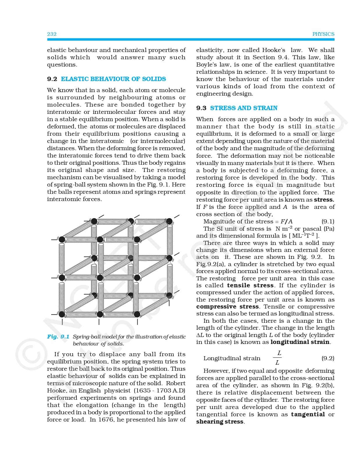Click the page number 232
[52, 34]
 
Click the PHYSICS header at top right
[323, 34]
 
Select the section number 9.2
[52, 79]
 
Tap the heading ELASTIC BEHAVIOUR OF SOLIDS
[113, 79]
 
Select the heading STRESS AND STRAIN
[244, 108]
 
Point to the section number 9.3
[201, 108]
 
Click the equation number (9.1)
[328, 221]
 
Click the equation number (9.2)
[328, 358]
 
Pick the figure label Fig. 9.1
[58, 337]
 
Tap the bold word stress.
[324, 200]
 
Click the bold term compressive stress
[227, 307]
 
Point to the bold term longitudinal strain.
[300, 342]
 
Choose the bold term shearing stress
[220, 422]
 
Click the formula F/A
[286, 222]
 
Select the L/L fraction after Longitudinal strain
[278, 358]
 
